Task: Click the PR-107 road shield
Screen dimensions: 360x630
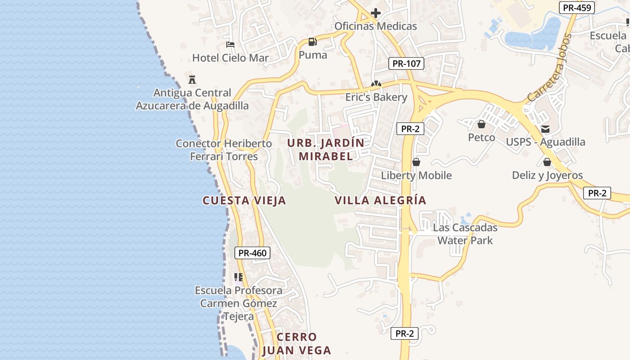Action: [x=406, y=63]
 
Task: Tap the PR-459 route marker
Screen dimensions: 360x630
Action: [x=577, y=8]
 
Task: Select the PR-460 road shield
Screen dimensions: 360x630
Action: [x=252, y=253]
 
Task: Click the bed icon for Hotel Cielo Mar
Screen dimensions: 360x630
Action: [x=230, y=45]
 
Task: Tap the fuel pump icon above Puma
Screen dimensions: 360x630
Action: [x=312, y=42]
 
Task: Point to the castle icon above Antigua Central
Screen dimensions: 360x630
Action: [x=192, y=80]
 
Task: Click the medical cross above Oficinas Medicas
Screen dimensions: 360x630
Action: [x=376, y=13]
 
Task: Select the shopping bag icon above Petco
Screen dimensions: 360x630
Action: [x=481, y=124]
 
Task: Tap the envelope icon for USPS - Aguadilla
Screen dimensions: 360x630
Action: [x=545, y=129]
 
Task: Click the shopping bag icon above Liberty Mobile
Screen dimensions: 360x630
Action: [x=416, y=162]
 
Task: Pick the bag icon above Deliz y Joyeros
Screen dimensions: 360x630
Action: [x=547, y=162]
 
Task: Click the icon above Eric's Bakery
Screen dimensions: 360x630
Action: [x=376, y=84]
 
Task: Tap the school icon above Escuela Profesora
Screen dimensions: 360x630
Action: [x=238, y=277]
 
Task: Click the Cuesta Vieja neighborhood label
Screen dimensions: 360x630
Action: [x=244, y=201]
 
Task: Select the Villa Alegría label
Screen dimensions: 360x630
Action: [x=380, y=200]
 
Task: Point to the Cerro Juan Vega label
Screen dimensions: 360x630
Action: [x=297, y=344]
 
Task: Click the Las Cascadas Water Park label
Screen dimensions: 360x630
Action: [x=465, y=234]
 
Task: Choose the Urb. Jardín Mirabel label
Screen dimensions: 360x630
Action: [x=326, y=150]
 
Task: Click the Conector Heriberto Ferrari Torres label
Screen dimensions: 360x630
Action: [x=224, y=150]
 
